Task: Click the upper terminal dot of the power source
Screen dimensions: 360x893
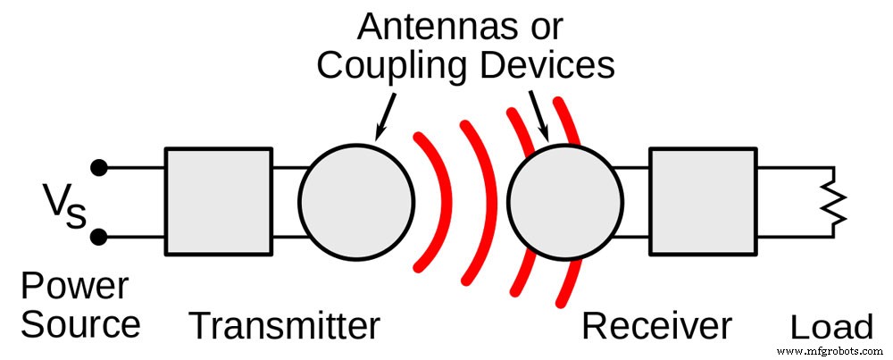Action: (100, 167)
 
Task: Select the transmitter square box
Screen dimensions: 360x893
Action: (218, 202)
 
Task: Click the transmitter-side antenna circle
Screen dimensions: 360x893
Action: (355, 202)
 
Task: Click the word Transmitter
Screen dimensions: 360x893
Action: (284, 327)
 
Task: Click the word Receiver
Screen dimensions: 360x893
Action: (656, 327)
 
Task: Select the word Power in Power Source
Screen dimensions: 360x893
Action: (74, 289)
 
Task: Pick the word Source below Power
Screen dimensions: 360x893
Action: (80, 325)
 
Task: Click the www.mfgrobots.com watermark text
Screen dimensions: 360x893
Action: (832, 351)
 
